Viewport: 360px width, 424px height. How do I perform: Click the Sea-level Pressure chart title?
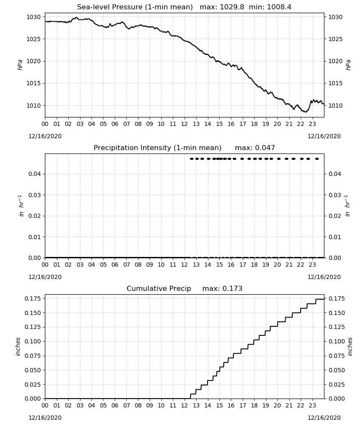coord(135,7)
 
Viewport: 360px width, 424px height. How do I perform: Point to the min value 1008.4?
coord(279,7)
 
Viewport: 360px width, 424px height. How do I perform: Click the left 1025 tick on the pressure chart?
coord(33,39)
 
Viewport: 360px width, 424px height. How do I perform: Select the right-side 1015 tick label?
coord(335,83)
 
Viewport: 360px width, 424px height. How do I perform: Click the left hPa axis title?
coord(20,65)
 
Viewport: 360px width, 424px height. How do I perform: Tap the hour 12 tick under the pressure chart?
coord(185,124)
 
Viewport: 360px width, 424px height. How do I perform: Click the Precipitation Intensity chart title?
coord(158,148)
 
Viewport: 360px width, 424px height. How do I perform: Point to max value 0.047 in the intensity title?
coord(266,148)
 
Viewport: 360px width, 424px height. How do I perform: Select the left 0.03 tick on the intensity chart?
coord(35,195)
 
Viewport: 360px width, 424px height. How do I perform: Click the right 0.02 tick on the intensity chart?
coord(335,216)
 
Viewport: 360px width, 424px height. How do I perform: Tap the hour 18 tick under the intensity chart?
coord(254,265)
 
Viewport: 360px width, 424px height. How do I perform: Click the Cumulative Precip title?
coord(159,289)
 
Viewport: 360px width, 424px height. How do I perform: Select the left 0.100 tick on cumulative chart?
coord(33,341)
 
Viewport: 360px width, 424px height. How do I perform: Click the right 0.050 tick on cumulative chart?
coord(337,370)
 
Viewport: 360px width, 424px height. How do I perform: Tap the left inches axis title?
coord(18,347)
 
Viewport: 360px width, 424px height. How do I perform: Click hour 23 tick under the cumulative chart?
coord(312,406)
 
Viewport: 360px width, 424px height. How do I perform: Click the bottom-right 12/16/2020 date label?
coord(324,418)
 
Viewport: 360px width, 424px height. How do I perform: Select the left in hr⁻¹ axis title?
coord(21,206)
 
